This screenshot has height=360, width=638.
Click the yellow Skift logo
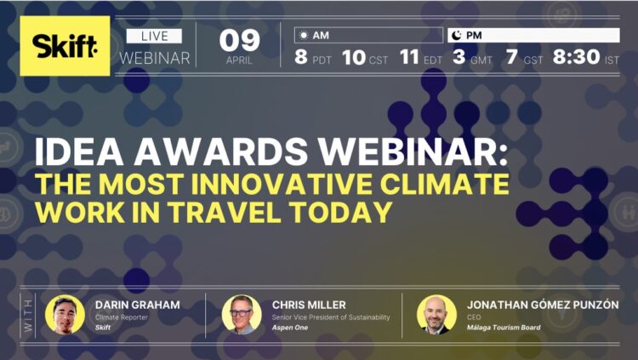click(x=65, y=46)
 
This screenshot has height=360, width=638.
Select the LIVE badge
click(x=154, y=36)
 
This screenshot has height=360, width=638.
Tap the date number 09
click(x=238, y=39)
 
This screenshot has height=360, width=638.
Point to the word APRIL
click(x=238, y=60)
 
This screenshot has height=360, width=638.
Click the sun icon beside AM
click(x=302, y=36)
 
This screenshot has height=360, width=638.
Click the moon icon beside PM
click(x=456, y=36)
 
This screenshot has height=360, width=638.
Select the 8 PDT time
click(x=312, y=58)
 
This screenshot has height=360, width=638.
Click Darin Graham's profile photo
click(x=64, y=314)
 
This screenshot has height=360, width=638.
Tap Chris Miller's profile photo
click(x=242, y=314)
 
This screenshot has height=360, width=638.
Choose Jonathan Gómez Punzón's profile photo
click(x=436, y=314)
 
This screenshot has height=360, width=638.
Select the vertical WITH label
click(x=26, y=315)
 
